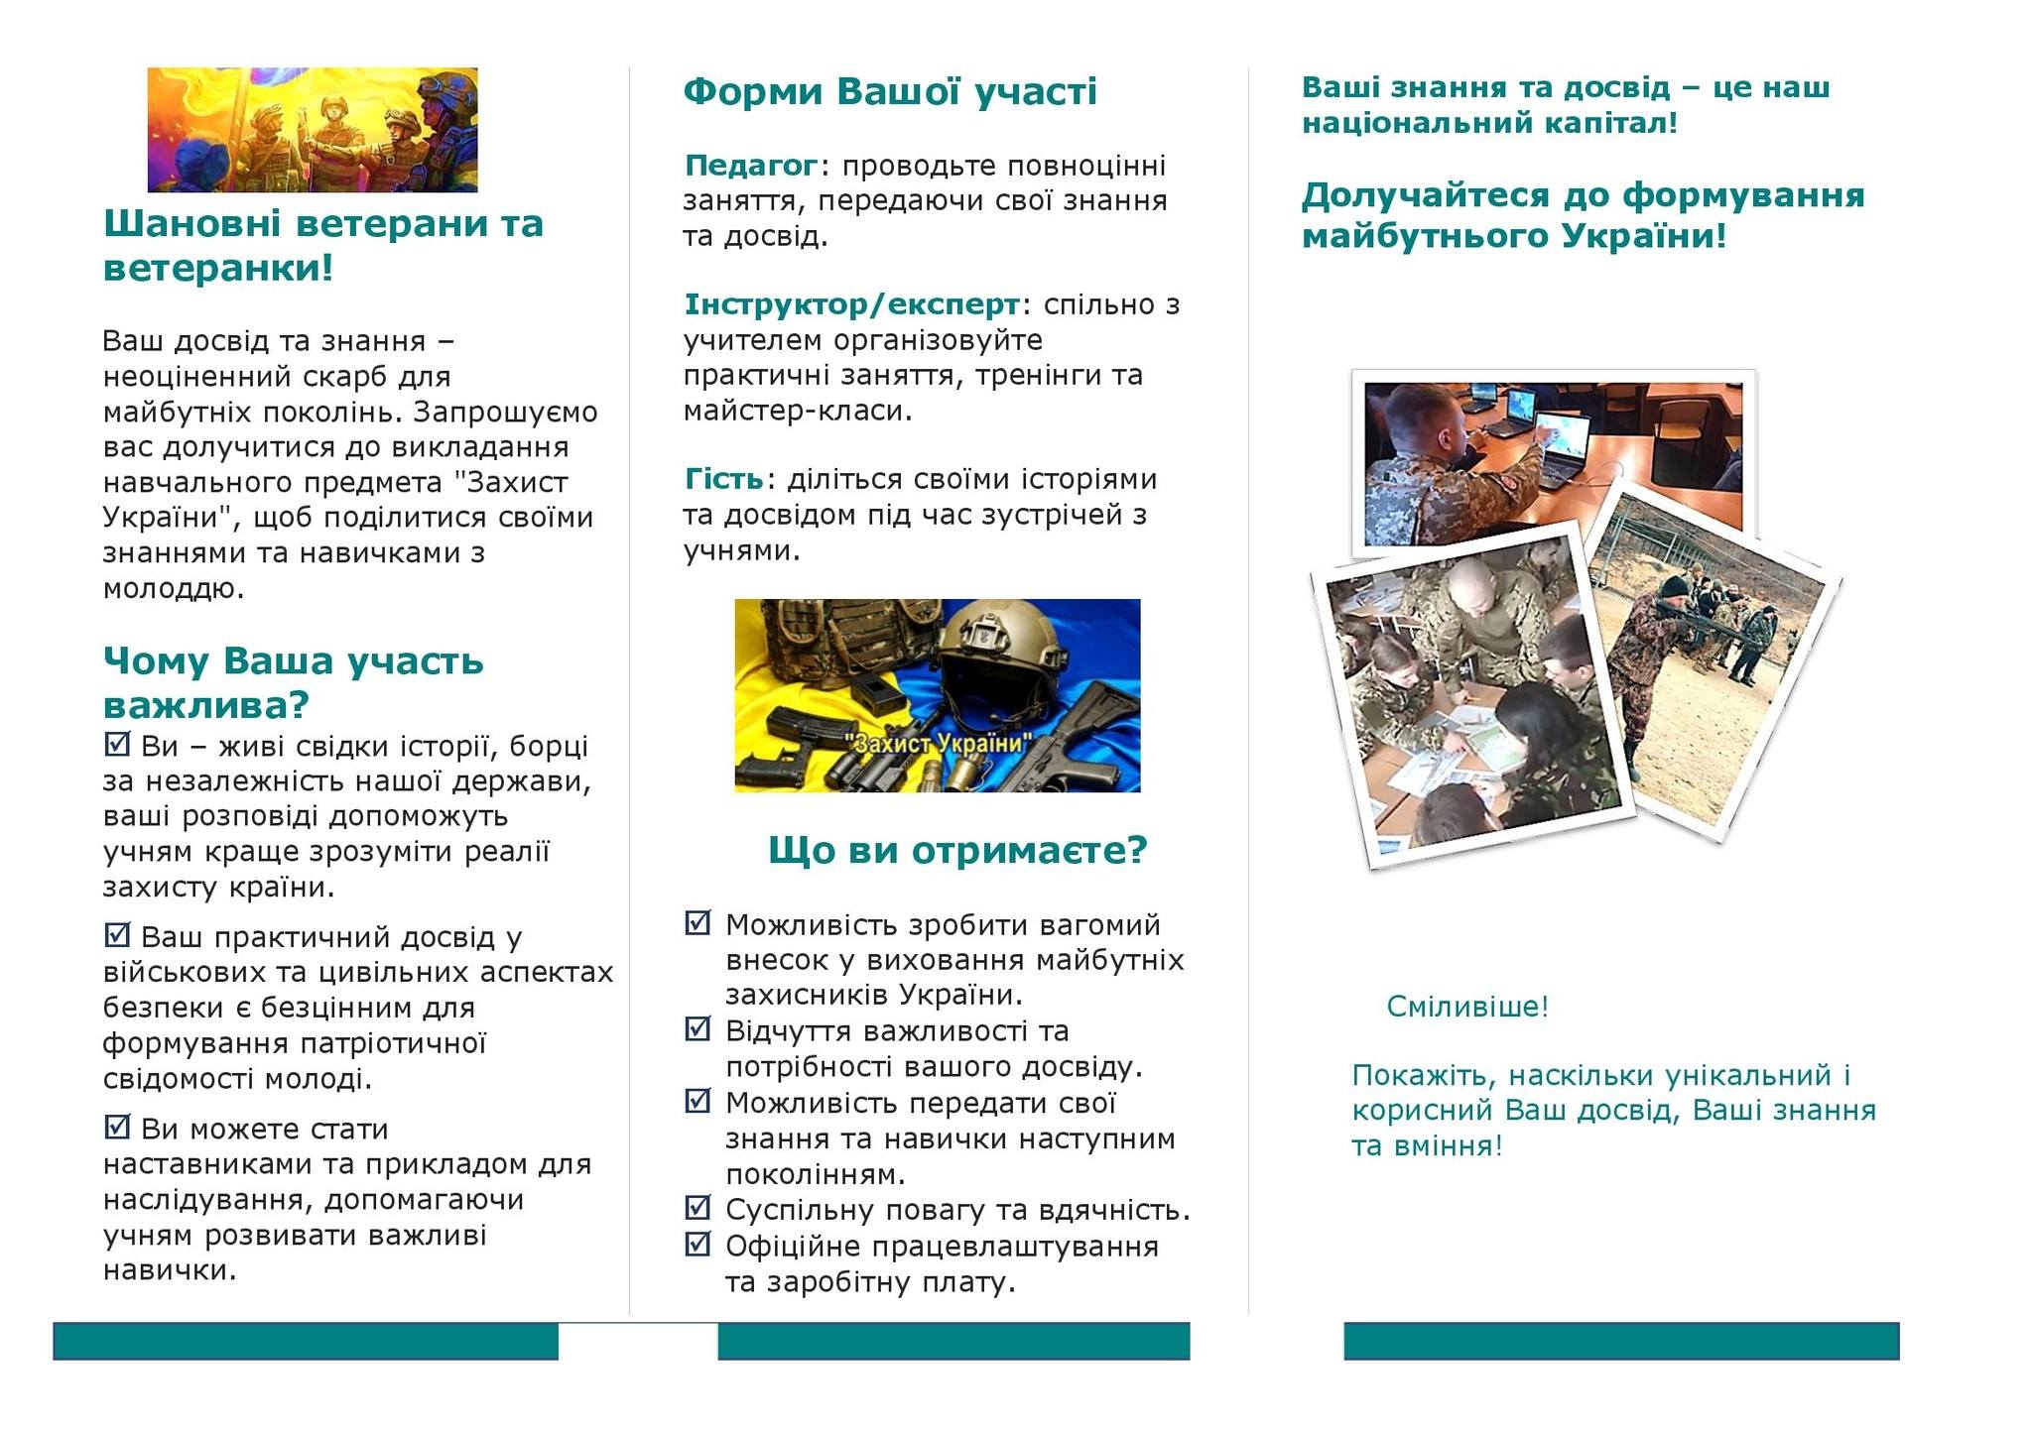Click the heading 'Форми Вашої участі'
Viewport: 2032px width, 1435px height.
890,91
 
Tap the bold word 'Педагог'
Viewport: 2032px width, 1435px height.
751,165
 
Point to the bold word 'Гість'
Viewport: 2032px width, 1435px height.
724,479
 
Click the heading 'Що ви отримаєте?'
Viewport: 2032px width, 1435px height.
957,850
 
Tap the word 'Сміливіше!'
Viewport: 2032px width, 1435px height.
1467,1007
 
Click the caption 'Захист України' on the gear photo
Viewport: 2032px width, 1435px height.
939,743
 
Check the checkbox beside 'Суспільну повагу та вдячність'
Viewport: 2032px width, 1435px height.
698,1207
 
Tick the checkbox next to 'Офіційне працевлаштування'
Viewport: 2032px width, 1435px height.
698,1243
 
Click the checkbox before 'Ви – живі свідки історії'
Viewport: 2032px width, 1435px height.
117,743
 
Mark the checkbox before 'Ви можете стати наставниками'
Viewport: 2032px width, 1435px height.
117,1126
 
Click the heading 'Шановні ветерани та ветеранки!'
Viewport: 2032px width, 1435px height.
323,245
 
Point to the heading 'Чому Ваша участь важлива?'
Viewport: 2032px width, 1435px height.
294,682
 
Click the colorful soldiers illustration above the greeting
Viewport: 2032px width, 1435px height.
313,130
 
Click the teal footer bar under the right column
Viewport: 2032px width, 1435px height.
1621,1341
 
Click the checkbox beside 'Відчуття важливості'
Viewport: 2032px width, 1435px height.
698,1028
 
